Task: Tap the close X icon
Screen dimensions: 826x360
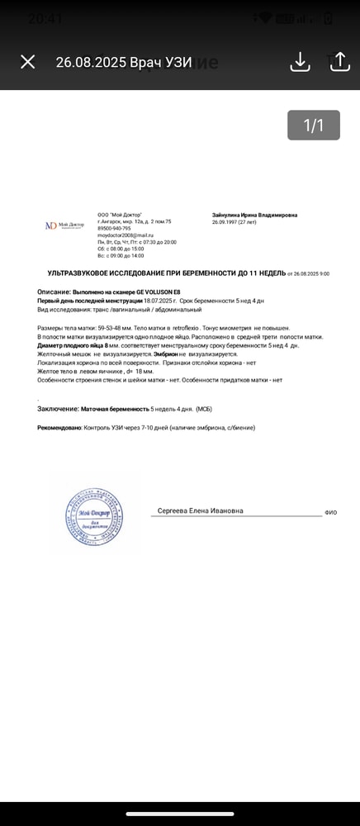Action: coord(27,62)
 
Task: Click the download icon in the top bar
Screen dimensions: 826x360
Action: coord(300,62)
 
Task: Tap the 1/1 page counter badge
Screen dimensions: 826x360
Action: coord(313,125)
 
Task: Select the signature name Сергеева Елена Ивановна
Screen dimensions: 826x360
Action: coord(201,511)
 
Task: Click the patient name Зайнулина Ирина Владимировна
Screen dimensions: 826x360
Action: coord(255,215)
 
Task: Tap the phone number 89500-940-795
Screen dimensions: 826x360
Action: coord(114,229)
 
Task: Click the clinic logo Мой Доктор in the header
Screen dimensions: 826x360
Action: coord(64,225)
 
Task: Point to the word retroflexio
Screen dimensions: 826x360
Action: coord(167,329)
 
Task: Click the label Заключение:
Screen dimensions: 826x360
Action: coord(58,409)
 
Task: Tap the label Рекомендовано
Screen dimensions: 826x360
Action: coord(59,427)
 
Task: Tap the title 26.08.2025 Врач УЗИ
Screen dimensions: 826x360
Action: coord(123,62)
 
